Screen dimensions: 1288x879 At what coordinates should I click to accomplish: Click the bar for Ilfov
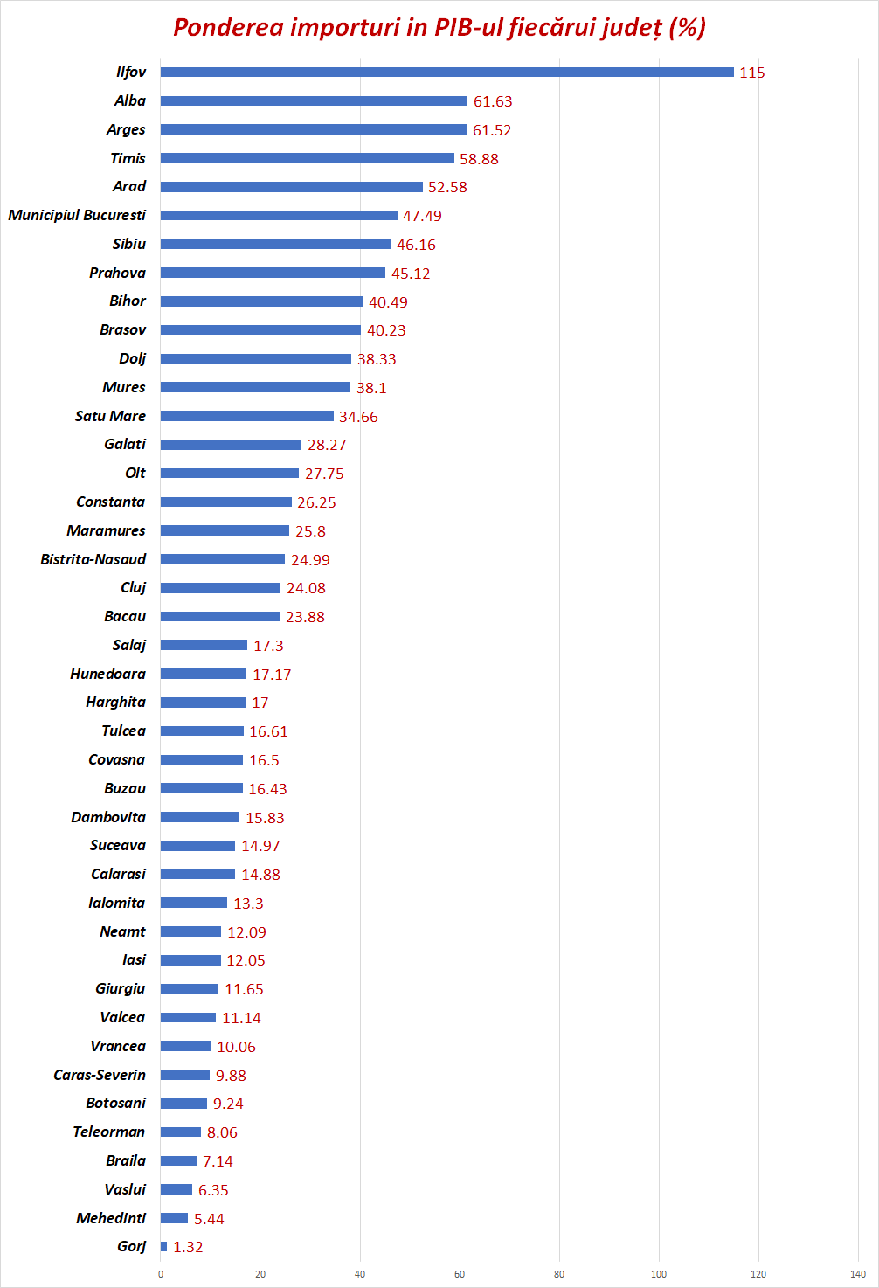pyautogui.click(x=446, y=73)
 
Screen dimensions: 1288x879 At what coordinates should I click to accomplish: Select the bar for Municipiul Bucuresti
pyautogui.click(x=279, y=215)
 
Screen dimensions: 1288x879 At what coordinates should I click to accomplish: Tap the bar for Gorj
pyautogui.click(x=163, y=1247)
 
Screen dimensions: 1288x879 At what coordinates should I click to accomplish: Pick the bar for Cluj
pyautogui.click(x=220, y=588)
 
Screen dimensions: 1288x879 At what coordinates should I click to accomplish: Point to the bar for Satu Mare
pyautogui.click(x=246, y=416)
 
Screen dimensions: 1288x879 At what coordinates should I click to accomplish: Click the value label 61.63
pyautogui.click(x=493, y=101)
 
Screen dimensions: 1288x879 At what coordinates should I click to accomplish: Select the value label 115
pyautogui.click(x=751, y=73)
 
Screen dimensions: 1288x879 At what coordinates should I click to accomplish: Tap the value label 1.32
pyautogui.click(x=188, y=1247)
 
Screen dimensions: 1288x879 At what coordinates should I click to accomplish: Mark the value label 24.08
pyautogui.click(x=306, y=588)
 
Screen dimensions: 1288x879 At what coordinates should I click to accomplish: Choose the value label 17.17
pyautogui.click(x=272, y=675)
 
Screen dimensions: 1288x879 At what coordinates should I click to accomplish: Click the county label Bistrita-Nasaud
pyautogui.click(x=93, y=559)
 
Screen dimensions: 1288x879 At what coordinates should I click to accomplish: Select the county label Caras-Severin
pyautogui.click(x=100, y=1075)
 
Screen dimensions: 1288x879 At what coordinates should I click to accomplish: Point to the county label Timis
pyautogui.click(x=128, y=158)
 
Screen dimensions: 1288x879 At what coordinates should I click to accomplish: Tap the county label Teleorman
pyautogui.click(x=108, y=1132)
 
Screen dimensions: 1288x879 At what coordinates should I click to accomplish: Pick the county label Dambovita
pyautogui.click(x=108, y=817)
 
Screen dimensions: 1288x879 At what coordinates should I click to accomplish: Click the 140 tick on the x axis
pyautogui.click(x=858, y=1274)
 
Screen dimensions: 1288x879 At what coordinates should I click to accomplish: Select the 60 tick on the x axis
pyautogui.click(x=460, y=1274)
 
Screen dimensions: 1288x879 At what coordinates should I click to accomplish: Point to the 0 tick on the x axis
pyautogui.click(x=161, y=1274)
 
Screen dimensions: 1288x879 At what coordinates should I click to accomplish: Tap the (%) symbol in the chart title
pyautogui.click(x=687, y=27)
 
